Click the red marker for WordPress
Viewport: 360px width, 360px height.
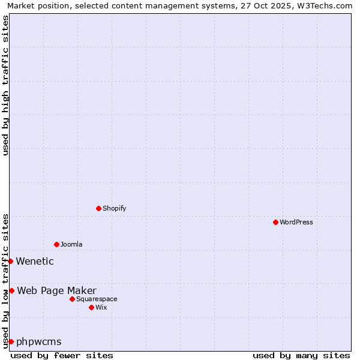pos(275,222)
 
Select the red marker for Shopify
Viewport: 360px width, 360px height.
pos(98,208)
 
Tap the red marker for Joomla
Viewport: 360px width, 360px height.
pos(56,244)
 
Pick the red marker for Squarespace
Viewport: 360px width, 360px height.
pos(72,299)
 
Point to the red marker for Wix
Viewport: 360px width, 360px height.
pos(91,307)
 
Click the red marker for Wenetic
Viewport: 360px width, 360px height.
pos(10,261)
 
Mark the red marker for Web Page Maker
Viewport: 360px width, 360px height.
pos(11,290)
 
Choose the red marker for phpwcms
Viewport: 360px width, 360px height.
pos(11,341)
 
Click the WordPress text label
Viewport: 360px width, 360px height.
pos(296,222)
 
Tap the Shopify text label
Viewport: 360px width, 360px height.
pos(114,208)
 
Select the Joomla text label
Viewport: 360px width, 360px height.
pos(71,244)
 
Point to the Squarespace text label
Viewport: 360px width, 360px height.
pos(97,299)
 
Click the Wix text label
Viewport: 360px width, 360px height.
pos(101,307)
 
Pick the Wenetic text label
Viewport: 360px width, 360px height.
pos(35,261)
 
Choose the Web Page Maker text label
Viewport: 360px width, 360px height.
pos(56,291)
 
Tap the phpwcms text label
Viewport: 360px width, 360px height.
pos(39,342)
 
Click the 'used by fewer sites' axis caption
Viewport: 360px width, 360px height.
pos(62,355)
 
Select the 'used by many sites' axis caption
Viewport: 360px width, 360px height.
pos(301,355)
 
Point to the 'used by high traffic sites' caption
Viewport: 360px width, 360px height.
pos(5,85)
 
